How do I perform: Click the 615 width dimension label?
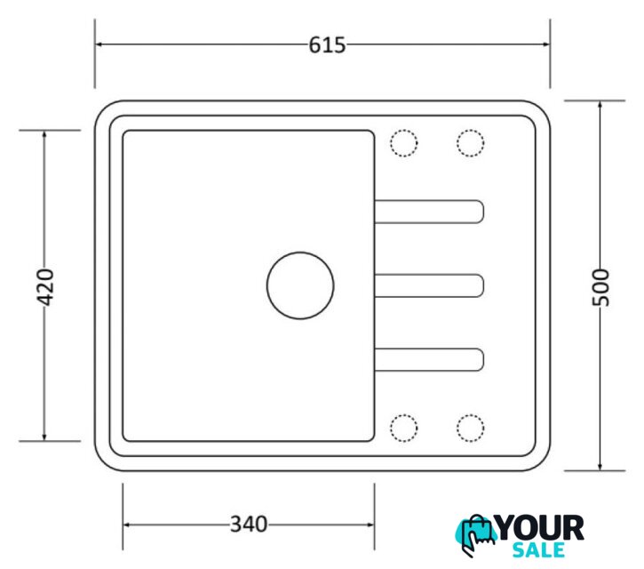tap(327, 44)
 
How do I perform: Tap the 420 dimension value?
tap(45, 287)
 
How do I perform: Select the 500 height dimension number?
tap(600, 287)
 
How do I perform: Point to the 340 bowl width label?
tap(249, 525)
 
